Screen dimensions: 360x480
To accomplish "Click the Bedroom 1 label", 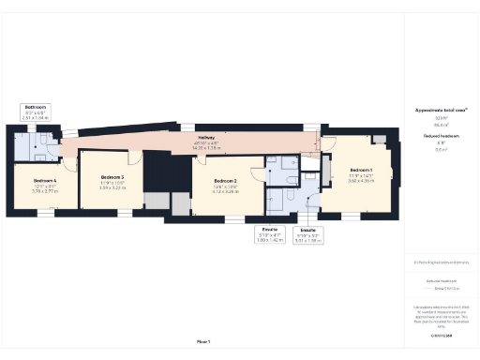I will pyautogui.click(x=360, y=169).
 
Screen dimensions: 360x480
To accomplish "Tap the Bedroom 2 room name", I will pyautogui.click(x=224, y=180).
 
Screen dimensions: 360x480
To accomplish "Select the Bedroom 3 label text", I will pyautogui.click(x=112, y=176).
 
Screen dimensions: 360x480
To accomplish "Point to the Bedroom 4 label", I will pyautogui.click(x=45, y=179).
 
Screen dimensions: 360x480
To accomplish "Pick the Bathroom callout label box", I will pyautogui.click(x=37, y=112).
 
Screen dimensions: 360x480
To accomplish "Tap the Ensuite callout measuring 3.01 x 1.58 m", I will pyautogui.click(x=306, y=235).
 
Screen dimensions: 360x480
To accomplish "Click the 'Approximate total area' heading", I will pyautogui.click(x=442, y=110).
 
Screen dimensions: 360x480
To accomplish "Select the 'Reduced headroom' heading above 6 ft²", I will pyautogui.click(x=442, y=137).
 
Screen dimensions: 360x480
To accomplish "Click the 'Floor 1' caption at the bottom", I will pyautogui.click(x=202, y=340).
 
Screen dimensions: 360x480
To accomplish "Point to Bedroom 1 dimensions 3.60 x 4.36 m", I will pyautogui.click(x=361, y=179).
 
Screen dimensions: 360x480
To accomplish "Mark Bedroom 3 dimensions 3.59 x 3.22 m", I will pyautogui.click(x=112, y=187).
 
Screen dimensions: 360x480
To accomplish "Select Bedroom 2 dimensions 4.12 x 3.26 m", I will pyautogui.click(x=224, y=191).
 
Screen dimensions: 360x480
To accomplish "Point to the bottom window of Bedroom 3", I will pyautogui.click(x=119, y=215).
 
